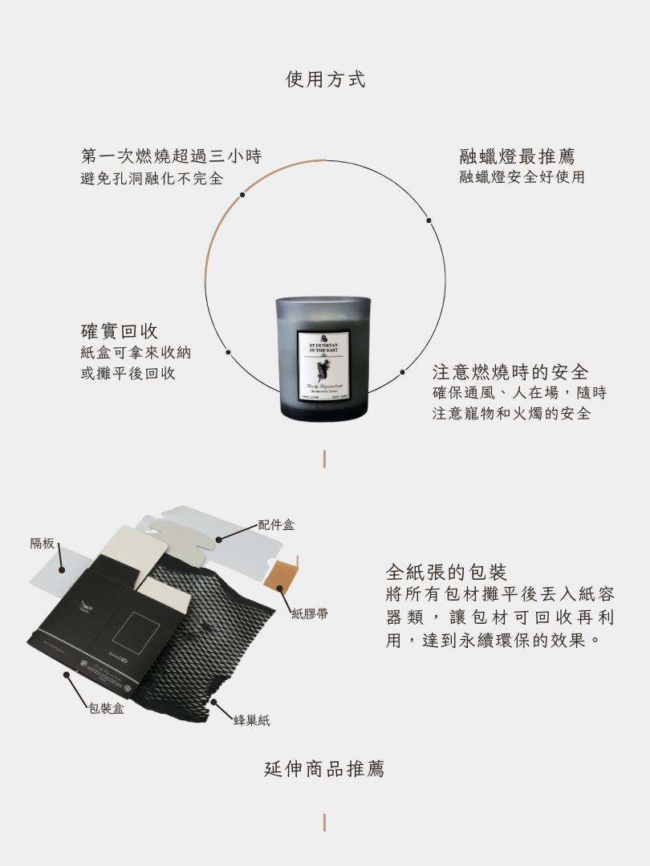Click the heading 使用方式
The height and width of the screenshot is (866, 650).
click(x=325, y=79)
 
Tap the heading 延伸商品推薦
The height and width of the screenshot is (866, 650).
click(x=324, y=769)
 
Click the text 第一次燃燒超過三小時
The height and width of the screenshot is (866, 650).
click(x=171, y=156)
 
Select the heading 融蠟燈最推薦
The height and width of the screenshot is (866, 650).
click(x=517, y=156)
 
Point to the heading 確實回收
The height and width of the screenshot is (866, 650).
click(x=120, y=331)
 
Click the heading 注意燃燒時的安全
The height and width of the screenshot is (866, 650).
click(x=510, y=372)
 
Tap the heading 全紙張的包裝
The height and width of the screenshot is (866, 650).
click(x=446, y=573)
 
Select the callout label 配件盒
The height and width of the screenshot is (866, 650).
click(x=276, y=525)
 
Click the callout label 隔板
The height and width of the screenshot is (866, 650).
click(x=43, y=544)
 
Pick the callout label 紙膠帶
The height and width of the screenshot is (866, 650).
click(x=309, y=614)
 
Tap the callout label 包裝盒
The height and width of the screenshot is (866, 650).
click(x=106, y=709)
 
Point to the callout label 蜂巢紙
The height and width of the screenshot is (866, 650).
click(x=251, y=721)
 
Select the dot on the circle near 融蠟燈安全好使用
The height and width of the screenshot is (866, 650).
click(x=429, y=221)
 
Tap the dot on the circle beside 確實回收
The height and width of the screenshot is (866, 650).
click(x=228, y=352)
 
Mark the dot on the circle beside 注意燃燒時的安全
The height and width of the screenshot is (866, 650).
click(x=403, y=372)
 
